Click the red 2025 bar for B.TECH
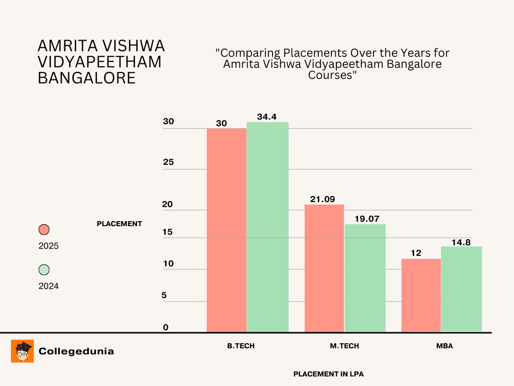click(x=226, y=230)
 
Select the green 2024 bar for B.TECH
click(x=268, y=227)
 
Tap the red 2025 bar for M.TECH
click(x=324, y=268)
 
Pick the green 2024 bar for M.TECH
click(x=365, y=277)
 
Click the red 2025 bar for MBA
click(x=421, y=295)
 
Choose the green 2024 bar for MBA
click(x=461, y=288)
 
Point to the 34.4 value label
click(x=267, y=117)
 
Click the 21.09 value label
click(x=322, y=200)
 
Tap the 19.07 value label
click(x=365, y=219)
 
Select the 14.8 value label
click(x=460, y=242)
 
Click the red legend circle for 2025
click(x=44, y=230)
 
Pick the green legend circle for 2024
click(x=44, y=270)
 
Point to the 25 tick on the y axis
click(x=168, y=162)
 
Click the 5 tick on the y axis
click(x=164, y=295)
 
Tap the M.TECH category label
click(x=344, y=346)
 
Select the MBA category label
click(x=445, y=346)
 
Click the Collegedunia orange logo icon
click(x=23, y=351)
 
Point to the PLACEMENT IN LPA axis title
click(x=328, y=374)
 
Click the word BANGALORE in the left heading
click(x=87, y=78)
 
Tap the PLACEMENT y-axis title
click(x=119, y=224)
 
